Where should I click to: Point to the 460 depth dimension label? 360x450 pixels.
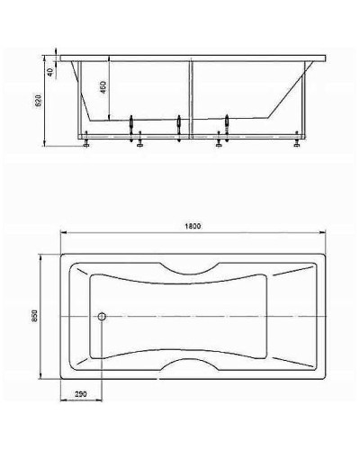pos(103,88)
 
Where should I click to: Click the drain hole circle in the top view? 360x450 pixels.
pos(102,316)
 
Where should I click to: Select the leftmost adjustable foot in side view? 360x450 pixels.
pos(85,141)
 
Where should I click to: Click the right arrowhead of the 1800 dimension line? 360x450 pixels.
pos(325,233)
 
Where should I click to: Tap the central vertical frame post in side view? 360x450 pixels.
pos(190,99)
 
